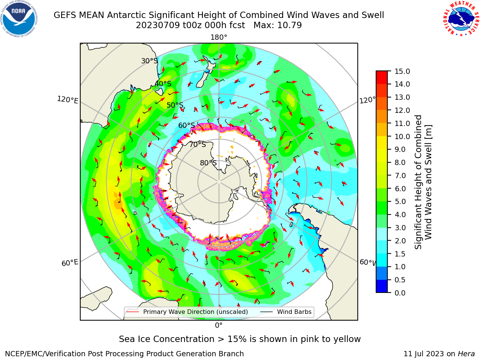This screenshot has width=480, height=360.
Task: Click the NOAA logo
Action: coord(19,19)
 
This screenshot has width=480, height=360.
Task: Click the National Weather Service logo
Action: coord(461,19)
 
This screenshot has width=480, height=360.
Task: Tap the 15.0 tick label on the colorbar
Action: coord(402,72)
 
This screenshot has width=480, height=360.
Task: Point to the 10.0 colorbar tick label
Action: coord(402,136)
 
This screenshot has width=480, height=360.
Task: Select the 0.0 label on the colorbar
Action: coord(400,293)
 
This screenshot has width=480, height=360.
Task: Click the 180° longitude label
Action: coord(219,37)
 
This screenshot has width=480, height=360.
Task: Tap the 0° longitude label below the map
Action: coord(219,325)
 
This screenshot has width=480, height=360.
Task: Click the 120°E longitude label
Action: coord(67,100)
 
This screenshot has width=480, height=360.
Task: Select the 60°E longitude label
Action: coord(70,263)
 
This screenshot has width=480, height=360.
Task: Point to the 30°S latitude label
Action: coord(149,61)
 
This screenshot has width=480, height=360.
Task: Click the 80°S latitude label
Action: coord(208,163)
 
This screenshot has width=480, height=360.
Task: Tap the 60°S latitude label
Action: coord(186,126)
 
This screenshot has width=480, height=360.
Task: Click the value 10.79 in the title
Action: coord(289,25)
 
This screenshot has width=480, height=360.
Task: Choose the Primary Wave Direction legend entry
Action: coord(187,312)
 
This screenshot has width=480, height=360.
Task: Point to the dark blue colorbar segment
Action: coord(382,286)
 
